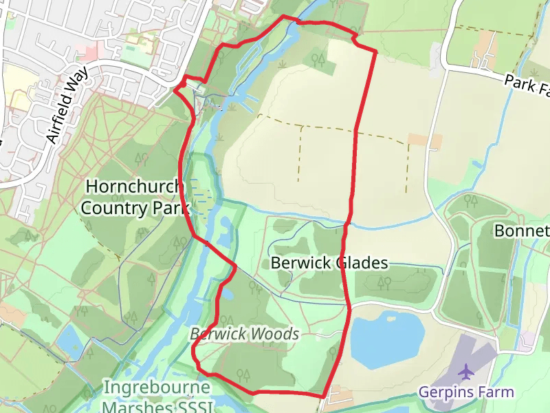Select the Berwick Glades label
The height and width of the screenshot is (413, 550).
point(329,263)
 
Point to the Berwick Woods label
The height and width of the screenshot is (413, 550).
point(245,335)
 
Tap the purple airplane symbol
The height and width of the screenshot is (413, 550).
point(467,372)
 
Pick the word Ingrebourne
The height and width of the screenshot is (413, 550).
point(157,388)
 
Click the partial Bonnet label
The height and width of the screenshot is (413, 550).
point(522,231)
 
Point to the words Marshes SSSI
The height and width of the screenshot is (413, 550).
point(158,406)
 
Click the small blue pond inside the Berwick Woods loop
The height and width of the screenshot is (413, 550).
point(227,295)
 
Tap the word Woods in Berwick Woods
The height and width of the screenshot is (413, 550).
point(275,335)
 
